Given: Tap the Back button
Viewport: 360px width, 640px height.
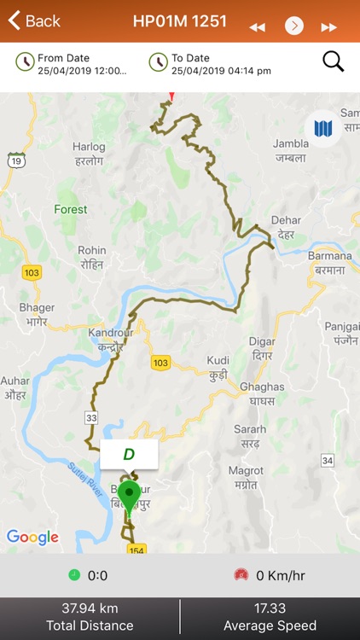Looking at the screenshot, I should (34, 21).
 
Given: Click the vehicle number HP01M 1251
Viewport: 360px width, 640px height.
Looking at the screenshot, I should (180, 21).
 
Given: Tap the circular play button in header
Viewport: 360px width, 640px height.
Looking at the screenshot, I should (293, 26).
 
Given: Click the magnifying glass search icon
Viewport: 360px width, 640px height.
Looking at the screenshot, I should (333, 61).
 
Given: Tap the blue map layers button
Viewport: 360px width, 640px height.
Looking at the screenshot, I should (322, 129).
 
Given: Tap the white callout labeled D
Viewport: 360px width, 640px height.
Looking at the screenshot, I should (129, 454).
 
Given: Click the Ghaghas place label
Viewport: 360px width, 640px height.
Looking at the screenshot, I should (256, 393).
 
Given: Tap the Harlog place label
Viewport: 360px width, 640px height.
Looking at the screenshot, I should (90, 153).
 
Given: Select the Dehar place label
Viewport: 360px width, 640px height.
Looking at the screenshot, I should (287, 226).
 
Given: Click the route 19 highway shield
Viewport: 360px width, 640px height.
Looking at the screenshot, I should (15, 160).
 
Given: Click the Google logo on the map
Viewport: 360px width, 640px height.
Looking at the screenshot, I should (32, 537).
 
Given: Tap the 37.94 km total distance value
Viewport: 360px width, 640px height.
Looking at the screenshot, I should (90, 608).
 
